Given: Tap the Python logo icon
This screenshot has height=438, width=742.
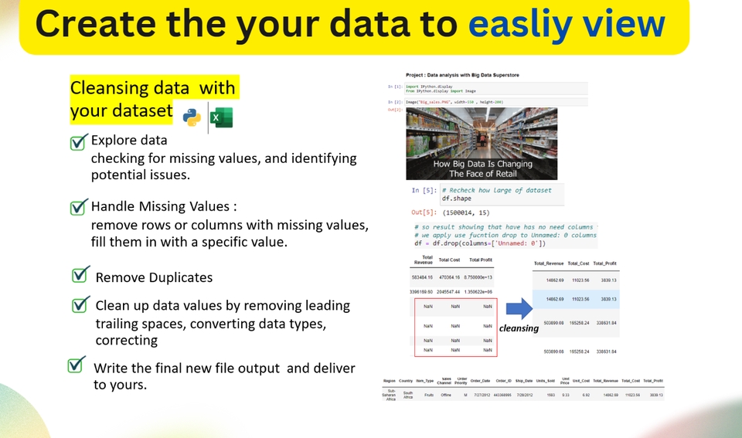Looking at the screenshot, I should tap(192, 117).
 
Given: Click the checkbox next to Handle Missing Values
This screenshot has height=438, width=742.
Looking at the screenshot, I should tap(78, 207).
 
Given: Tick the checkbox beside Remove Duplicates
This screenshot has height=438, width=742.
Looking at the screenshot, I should tap(80, 276).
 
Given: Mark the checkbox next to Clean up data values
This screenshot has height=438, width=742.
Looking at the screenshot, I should tap(80, 304).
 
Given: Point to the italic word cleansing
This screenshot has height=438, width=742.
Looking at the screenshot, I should tap(519, 328).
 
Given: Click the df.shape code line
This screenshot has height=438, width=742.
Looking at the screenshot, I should tap(456, 199).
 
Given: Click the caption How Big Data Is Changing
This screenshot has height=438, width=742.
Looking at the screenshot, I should tap(482, 164).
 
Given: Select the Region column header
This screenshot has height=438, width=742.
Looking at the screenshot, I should tap(390, 381).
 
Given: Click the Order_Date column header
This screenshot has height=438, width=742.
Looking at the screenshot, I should tap(481, 381).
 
